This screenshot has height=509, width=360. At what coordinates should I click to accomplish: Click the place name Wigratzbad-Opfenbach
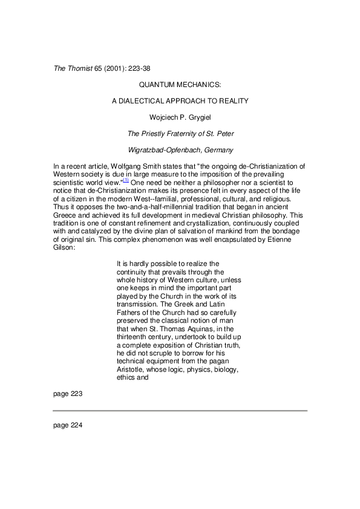click(x=162, y=148)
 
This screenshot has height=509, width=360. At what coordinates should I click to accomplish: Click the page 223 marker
click(x=67, y=394)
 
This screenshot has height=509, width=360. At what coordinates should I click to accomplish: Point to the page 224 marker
click(x=67, y=424)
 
